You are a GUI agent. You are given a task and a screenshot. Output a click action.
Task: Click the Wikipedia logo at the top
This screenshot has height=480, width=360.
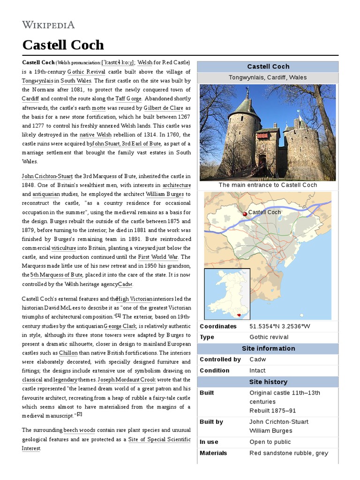pyautogui.click(x=48, y=25)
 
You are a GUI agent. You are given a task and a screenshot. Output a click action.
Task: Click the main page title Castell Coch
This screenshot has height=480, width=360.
pyautogui.click(x=63, y=45)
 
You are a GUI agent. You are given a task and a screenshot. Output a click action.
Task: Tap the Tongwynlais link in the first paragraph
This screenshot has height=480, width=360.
pyautogui.click(x=38, y=81)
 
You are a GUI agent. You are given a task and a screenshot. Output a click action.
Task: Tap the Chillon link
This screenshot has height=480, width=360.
pyautogui.click(x=68, y=353)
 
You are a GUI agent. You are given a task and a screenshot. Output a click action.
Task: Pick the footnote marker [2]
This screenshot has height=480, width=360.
pyautogui.click(x=80, y=414)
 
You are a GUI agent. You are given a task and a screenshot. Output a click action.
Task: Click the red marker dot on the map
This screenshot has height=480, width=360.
pyautogui.click(x=244, y=214)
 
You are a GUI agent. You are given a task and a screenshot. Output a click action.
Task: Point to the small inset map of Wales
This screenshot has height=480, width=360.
pyautogui.click(x=227, y=293)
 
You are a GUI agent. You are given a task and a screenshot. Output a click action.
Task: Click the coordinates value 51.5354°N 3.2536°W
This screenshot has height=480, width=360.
pyautogui.click(x=280, y=326)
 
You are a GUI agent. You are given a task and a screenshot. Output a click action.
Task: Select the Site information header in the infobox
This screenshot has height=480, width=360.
pyautogui.click(x=268, y=348)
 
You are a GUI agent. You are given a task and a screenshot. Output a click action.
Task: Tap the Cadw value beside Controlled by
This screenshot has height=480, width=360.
pyautogui.click(x=257, y=360)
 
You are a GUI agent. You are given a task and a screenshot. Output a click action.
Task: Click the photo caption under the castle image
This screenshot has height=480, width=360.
pyautogui.click(x=268, y=185)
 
